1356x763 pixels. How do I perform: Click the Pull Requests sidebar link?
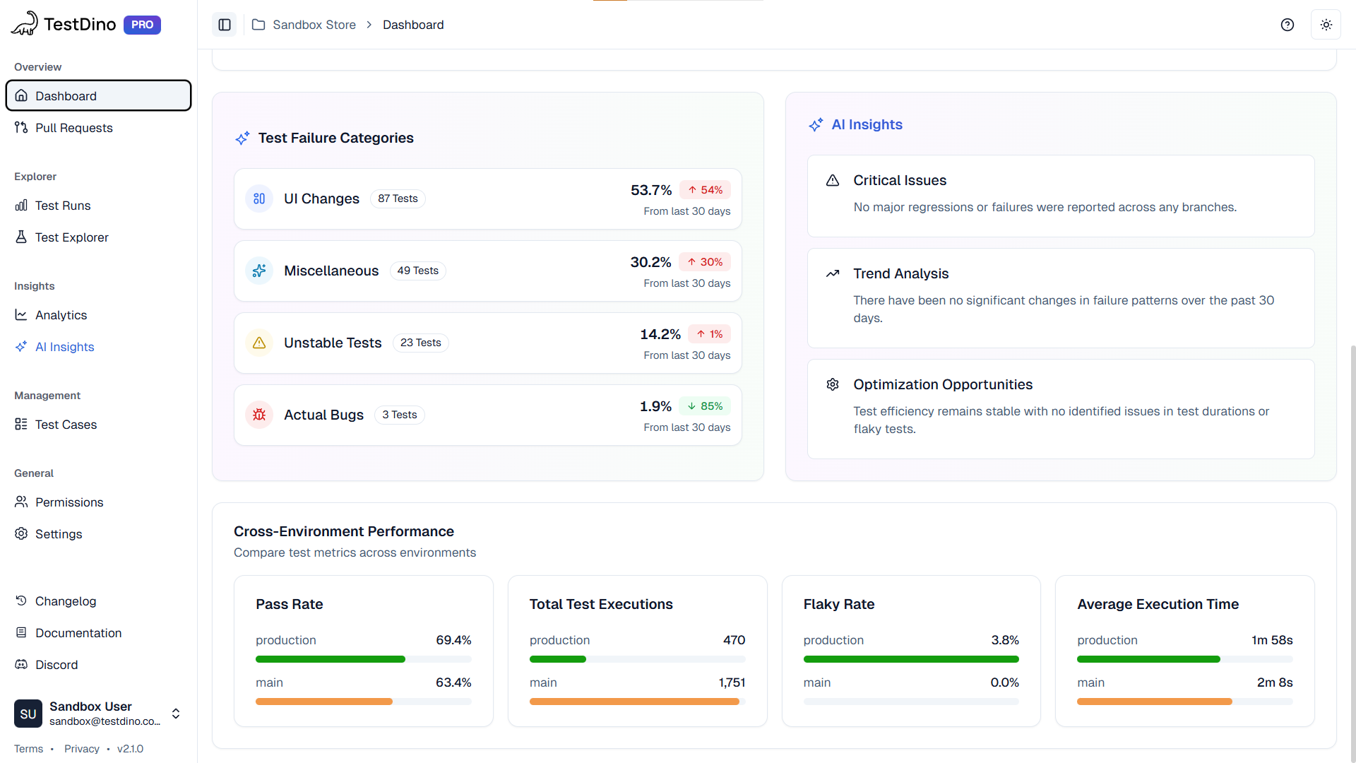point(73,128)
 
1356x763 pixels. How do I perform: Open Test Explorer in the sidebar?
point(71,237)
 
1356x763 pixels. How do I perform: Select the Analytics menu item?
point(61,315)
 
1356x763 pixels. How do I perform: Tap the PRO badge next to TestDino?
point(142,25)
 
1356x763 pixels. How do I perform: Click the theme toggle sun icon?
point(1326,25)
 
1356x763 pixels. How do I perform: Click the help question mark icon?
point(1287,25)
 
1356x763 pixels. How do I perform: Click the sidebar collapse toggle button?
point(225,25)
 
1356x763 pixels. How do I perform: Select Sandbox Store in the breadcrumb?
point(314,25)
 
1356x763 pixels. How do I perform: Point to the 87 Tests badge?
point(398,199)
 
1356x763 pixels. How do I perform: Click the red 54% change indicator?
point(705,190)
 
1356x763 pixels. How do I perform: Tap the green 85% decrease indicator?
point(705,406)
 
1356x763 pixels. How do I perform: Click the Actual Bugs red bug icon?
point(259,415)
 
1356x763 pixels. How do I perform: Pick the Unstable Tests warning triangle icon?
point(259,343)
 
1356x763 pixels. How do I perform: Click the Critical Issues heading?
point(899,180)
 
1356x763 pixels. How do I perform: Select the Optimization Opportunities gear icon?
point(833,384)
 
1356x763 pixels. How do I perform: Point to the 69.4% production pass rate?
point(453,640)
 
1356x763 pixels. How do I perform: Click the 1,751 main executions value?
point(732,682)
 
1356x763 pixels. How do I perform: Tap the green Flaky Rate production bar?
point(910,659)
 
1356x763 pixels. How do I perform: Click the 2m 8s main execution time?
point(1274,682)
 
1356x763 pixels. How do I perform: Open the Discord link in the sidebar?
point(56,665)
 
